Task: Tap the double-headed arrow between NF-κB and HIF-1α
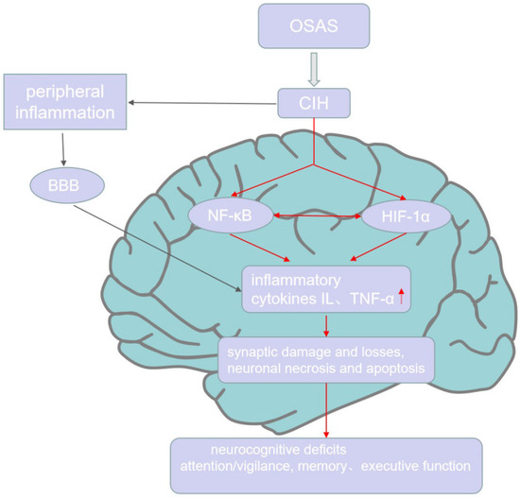tap(317, 216)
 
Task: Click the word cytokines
tap(284, 298)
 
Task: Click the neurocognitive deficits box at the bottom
tap(326, 457)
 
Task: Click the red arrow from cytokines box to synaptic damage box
tap(326, 324)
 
